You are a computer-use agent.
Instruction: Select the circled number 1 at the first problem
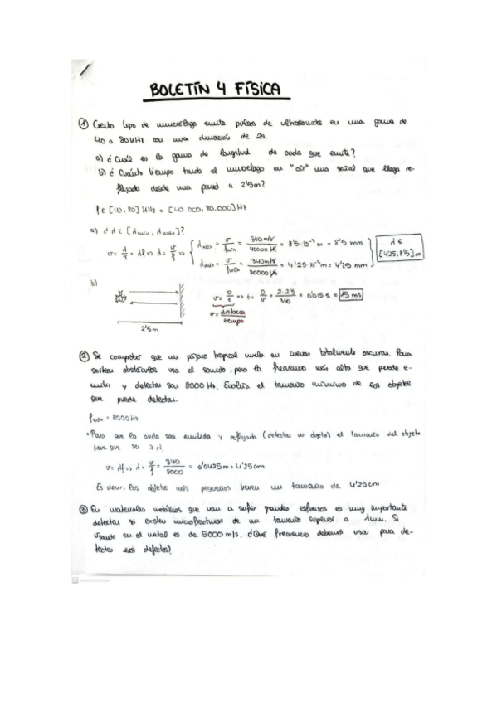(x=83, y=123)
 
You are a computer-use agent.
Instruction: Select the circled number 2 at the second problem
(x=83, y=356)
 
